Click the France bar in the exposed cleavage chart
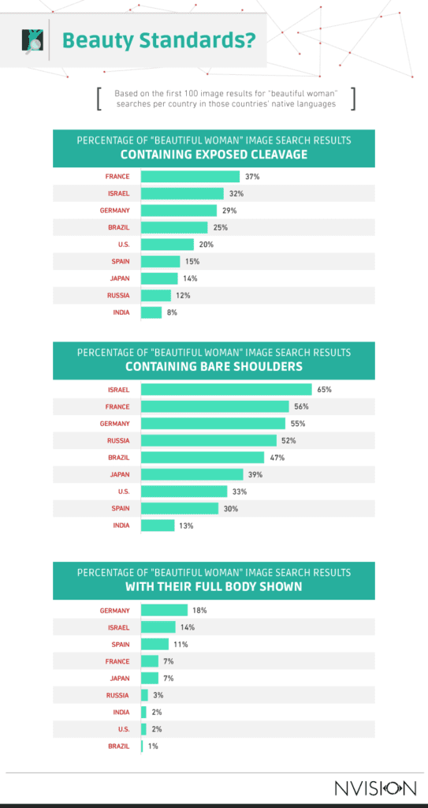(x=190, y=177)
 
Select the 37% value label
(x=251, y=177)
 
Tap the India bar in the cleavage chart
(x=151, y=312)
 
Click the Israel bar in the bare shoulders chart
(x=226, y=389)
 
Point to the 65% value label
(x=324, y=389)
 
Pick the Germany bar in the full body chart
(x=164, y=610)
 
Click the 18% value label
(x=199, y=610)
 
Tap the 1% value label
(x=152, y=746)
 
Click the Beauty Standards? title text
(x=158, y=39)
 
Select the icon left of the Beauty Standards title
(x=35, y=39)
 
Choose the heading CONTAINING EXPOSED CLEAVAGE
(x=214, y=154)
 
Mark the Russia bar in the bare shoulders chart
(x=209, y=440)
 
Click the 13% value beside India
(x=185, y=526)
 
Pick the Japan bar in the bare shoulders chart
(x=192, y=474)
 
